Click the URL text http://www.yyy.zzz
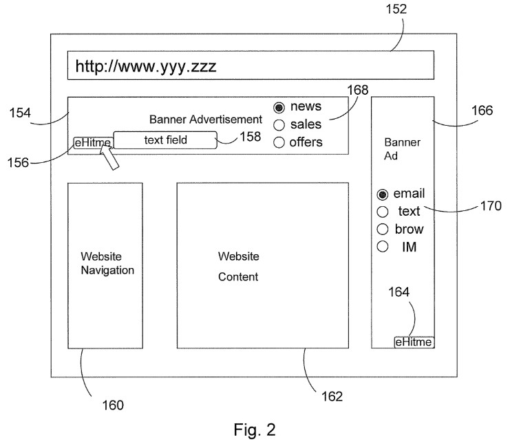(146, 67)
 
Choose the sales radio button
(279, 125)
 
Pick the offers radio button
(279, 143)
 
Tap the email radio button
(383, 194)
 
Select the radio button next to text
(383, 212)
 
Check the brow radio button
(383, 229)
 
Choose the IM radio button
(383, 247)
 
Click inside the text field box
(165, 140)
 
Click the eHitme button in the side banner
(414, 342)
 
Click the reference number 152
(397, 10)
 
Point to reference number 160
(113, 405)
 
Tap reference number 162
(332, 396)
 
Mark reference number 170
(491, 205)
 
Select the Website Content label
(238, 267)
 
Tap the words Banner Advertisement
(206, 120)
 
